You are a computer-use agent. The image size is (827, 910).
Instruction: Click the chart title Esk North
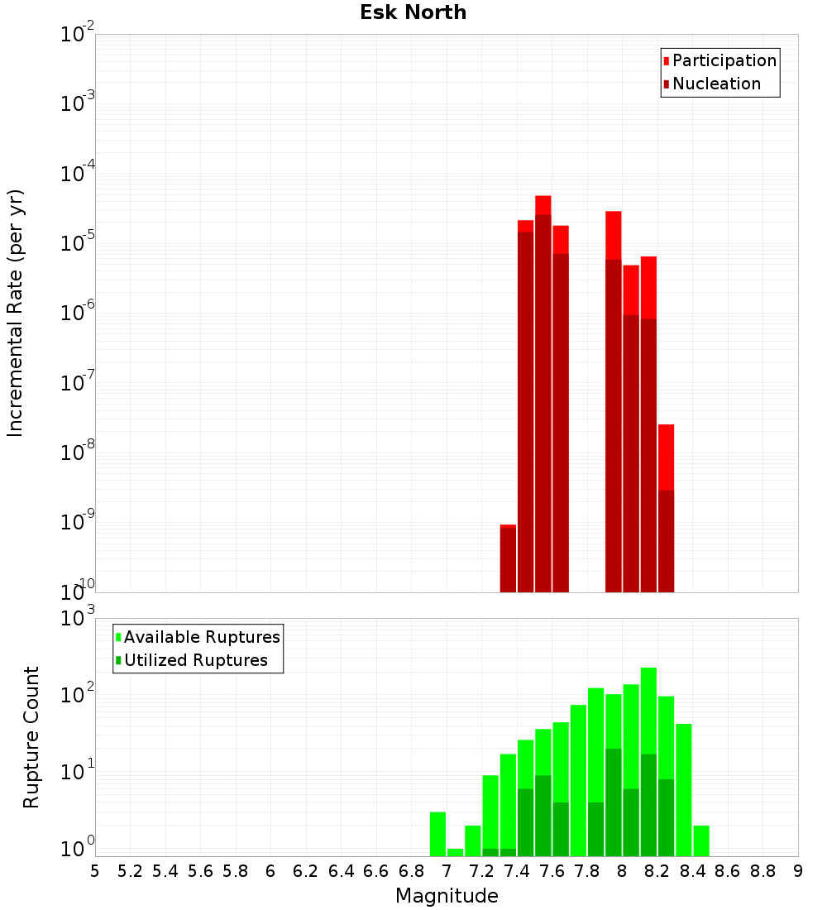tap(413, 12)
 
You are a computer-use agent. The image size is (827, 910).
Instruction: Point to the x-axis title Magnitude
tap(447, 896)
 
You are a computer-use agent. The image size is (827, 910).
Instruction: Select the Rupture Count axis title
tap(31, 736)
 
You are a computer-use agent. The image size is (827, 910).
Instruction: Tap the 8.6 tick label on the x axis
tap(728, 870)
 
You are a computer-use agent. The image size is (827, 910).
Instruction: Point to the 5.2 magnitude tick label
tap(130, 870)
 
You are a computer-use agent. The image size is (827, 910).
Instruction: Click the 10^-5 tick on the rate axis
tap(78, 243)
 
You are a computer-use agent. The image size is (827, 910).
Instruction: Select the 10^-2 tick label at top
tap(78, 35)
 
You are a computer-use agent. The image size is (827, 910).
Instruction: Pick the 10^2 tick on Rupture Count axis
tap(78, 695)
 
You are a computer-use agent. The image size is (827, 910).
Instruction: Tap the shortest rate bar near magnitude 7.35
tap(508, 558)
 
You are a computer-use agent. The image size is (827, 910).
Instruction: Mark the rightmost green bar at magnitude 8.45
tap(701, 841)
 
